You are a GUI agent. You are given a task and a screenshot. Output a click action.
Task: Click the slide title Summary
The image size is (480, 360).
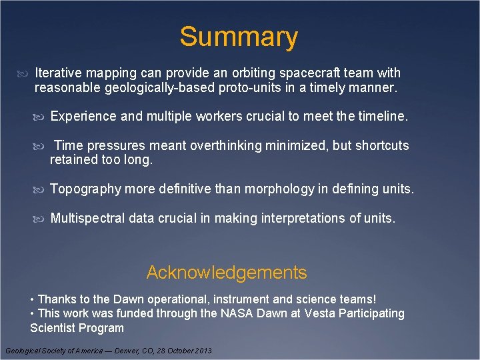tap(238, 37)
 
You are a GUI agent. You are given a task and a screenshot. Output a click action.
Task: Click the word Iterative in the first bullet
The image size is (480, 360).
tap(57, 73)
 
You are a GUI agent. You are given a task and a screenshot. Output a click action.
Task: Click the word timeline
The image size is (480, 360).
tap(382, 117)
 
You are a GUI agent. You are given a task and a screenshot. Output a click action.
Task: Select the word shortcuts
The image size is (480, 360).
tap(382, 145)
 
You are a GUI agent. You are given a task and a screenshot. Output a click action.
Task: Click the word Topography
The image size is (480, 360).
tap(86, 189)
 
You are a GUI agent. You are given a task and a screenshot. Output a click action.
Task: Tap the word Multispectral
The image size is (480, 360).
tap(90, 218)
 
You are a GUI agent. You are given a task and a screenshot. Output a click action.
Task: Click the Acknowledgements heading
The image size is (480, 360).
tap(227, 273)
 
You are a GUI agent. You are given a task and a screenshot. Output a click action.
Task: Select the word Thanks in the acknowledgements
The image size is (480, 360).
tap(57, 299)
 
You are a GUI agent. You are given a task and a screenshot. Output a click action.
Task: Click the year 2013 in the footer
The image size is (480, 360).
tap(201, 351)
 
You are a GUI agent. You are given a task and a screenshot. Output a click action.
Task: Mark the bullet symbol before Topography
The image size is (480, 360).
tap(43, 190)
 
